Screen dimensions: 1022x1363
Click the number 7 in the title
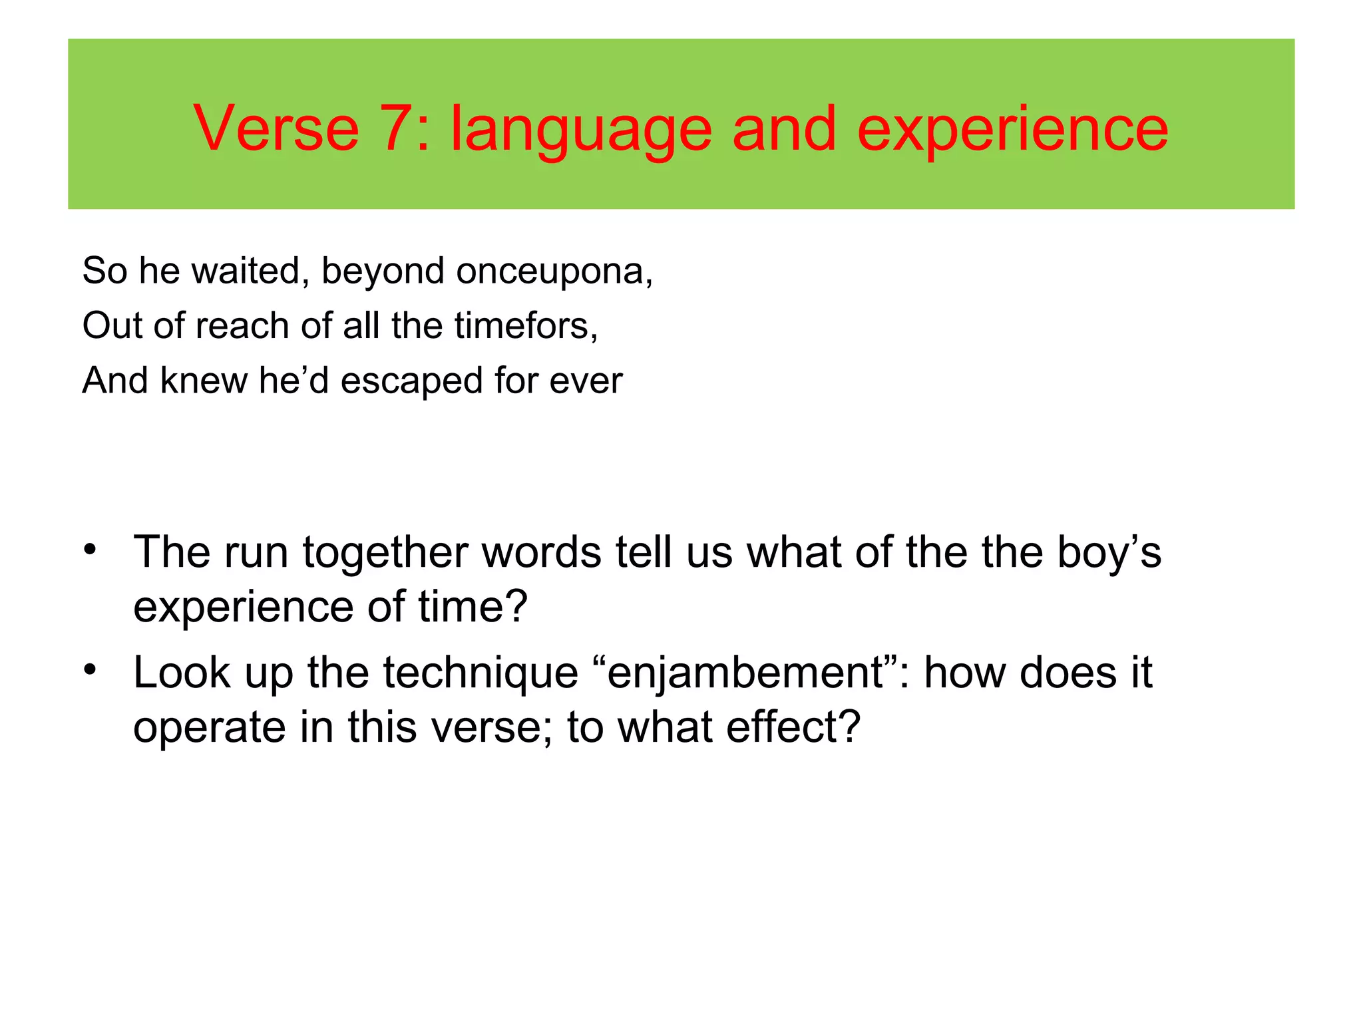click(397, 128)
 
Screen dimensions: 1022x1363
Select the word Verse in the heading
click(276, 128)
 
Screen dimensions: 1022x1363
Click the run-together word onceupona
click(554, 272)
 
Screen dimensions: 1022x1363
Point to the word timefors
click(526, 326)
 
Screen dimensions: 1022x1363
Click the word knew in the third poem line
click(204, 381)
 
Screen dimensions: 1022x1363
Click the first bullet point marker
click(91, 550)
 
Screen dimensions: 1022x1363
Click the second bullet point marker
click(91, 670)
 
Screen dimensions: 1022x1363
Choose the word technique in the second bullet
click(481, 673)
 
